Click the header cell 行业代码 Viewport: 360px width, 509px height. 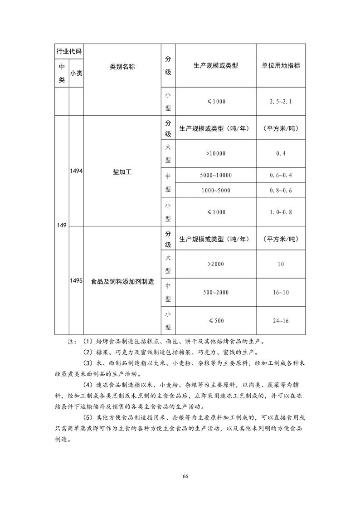click(69, 51)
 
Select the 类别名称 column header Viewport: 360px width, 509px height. click(122, 66)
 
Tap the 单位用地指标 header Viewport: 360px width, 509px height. click(281, 65)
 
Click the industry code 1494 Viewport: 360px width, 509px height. click(76, 171)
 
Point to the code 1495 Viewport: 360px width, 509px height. click(76, 281)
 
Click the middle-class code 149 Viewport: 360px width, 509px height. click(62, 225)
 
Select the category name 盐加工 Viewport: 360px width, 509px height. click(122, 172)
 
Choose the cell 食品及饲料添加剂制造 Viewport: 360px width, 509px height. click(122, 281)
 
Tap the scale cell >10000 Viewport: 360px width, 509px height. click(215, 154)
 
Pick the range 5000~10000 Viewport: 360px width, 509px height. click(215, 176)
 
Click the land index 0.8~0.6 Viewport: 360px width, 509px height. click(281, 190)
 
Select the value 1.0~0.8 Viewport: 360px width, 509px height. click(281, 212)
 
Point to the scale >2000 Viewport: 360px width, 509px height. click(215, 264)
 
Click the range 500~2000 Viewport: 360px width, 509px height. click(215, 293)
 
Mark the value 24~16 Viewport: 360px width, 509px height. click(281, 321)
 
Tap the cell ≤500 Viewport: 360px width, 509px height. click(216, 321)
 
